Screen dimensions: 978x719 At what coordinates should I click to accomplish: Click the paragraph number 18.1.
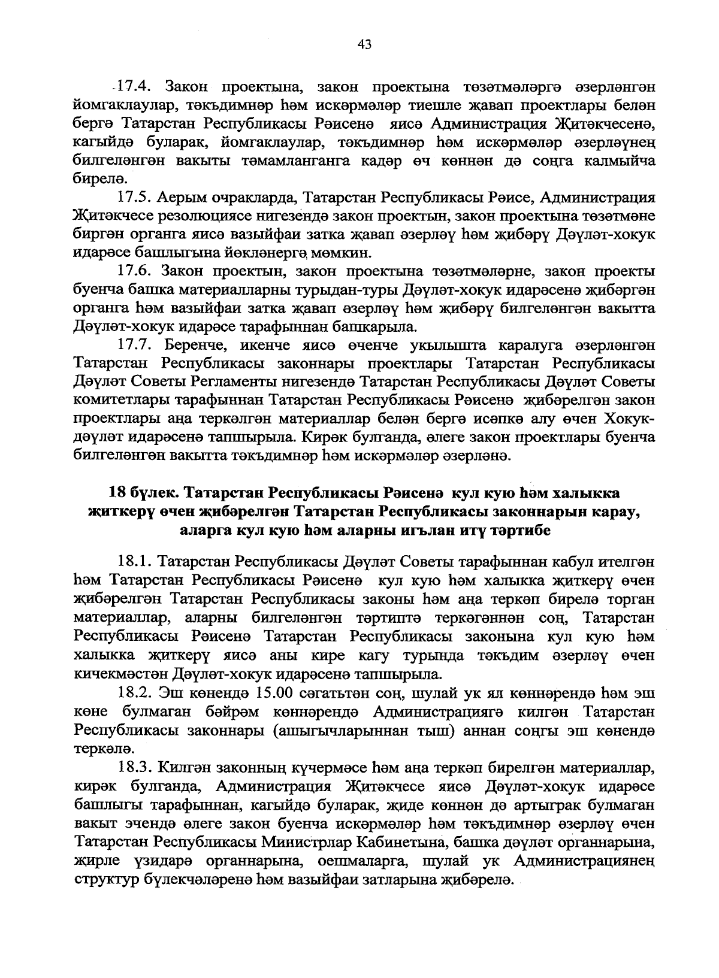pyautogui.click(x=136, y=563)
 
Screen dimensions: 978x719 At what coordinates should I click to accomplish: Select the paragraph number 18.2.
pyautogui.click(x=136, y=693)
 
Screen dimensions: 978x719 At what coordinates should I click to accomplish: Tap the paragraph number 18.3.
pyautogui.click(x=136, y=767)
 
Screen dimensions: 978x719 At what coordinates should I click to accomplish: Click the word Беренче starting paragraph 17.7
pyautogui.click(x=197, y=346)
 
